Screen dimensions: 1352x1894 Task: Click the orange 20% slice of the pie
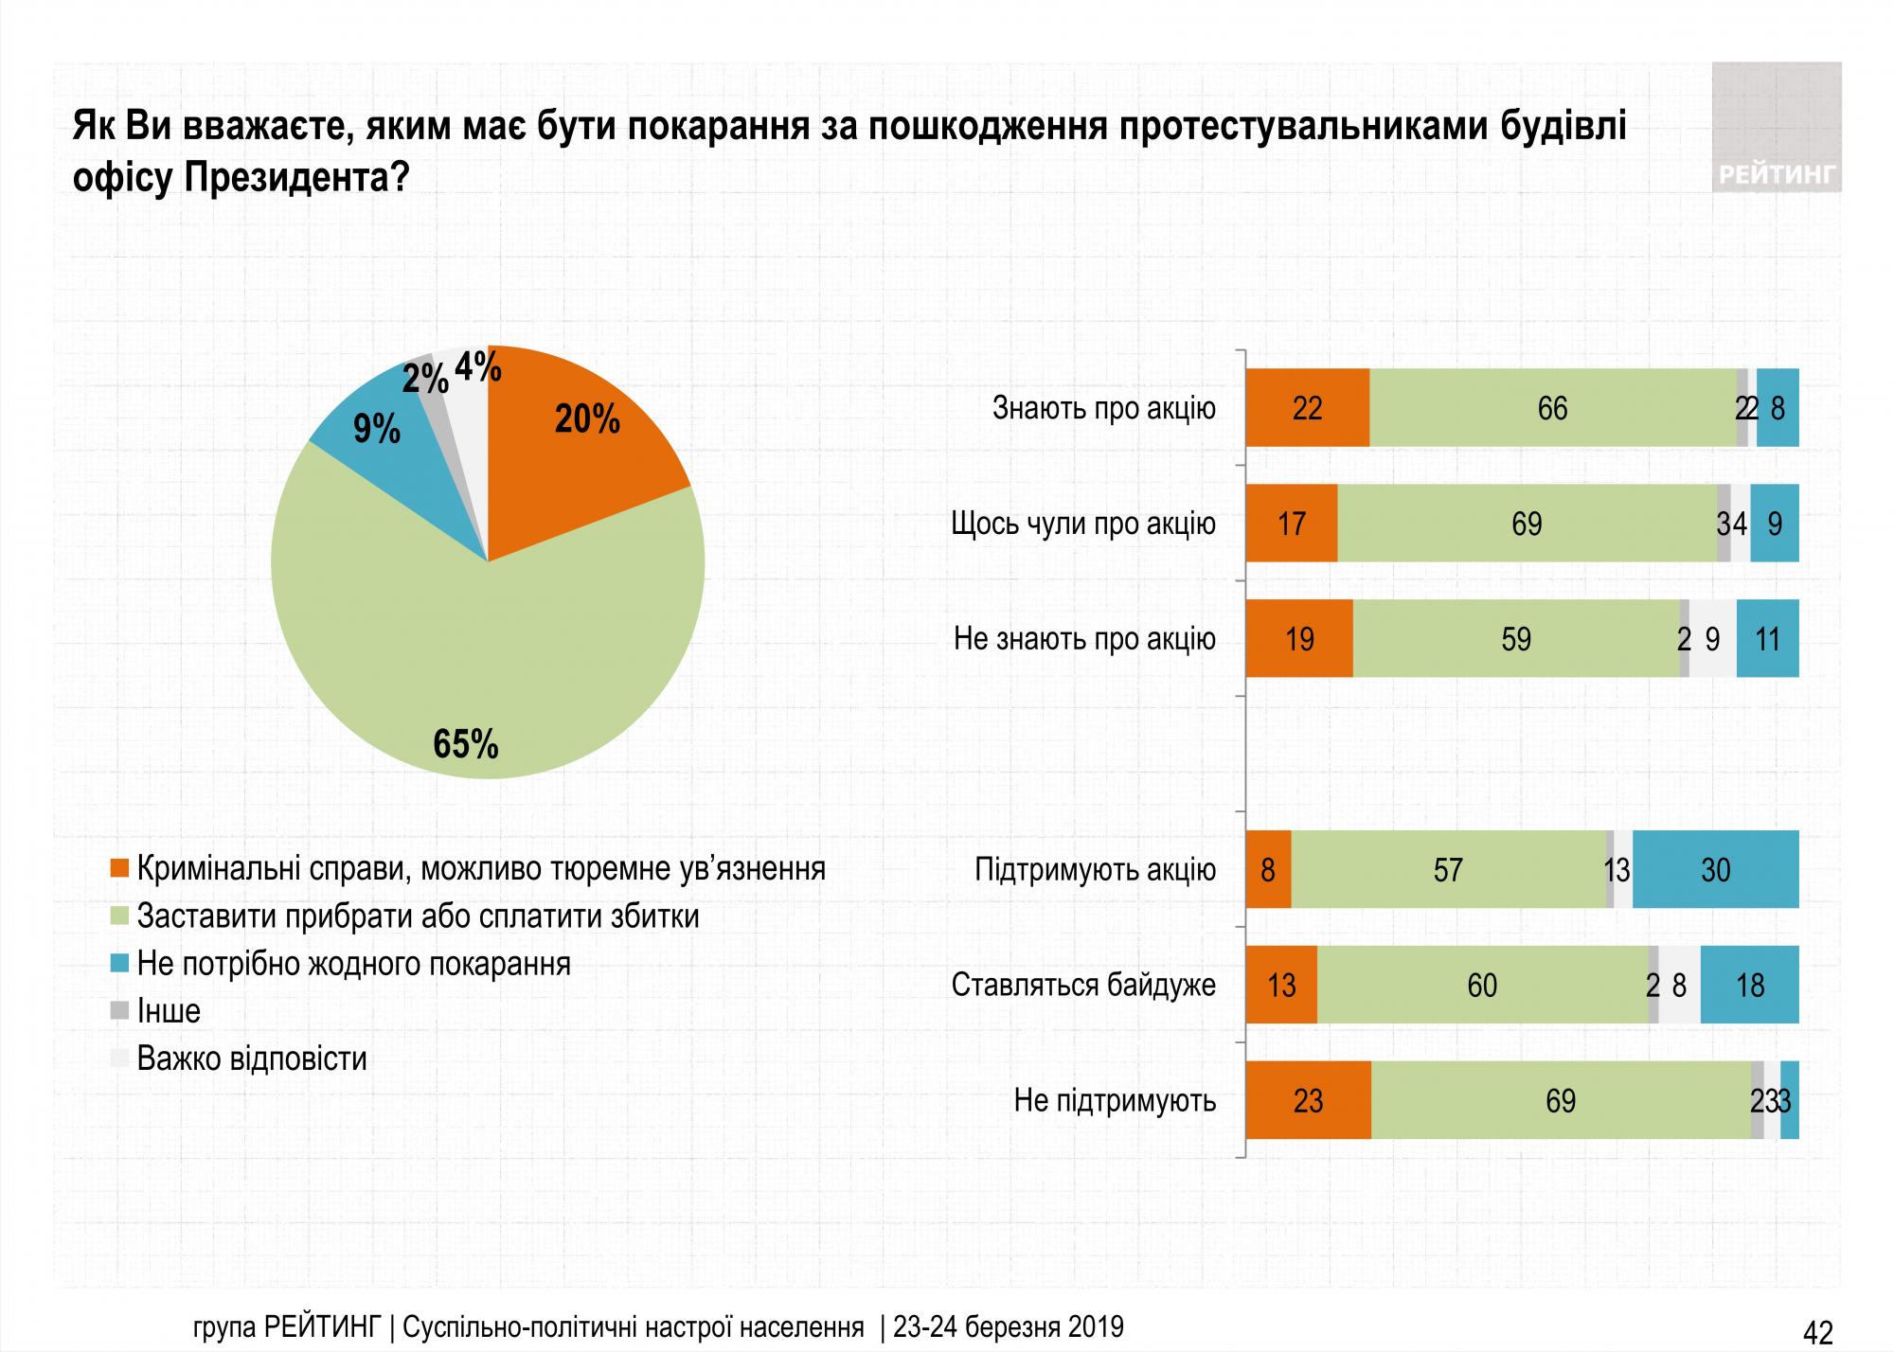coord(578,445)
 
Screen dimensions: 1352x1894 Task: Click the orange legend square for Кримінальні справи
coord(119,868)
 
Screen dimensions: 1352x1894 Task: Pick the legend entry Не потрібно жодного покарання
coord(353,964)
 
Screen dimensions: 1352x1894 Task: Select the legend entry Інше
coord(169,1011)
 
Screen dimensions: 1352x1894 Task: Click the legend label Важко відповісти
coord(251,1058)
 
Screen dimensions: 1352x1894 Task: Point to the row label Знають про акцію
coord(1103,408)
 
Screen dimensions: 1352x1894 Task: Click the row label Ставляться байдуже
coord(1083,985)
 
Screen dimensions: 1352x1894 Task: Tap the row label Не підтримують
coord(1115,1100)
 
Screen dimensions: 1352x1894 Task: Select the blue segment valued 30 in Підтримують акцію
coord(1715,869)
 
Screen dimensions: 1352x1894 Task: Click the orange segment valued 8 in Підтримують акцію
coord(1268,869)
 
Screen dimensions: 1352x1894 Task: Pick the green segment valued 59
coord(1515,639)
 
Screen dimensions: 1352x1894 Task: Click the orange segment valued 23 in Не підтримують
coord(1307,1100)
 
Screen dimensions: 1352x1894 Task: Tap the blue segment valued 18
coord(1749,985)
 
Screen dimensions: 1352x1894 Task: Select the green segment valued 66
coord(1552,408)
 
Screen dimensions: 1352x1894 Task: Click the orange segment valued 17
coord(1291,524)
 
